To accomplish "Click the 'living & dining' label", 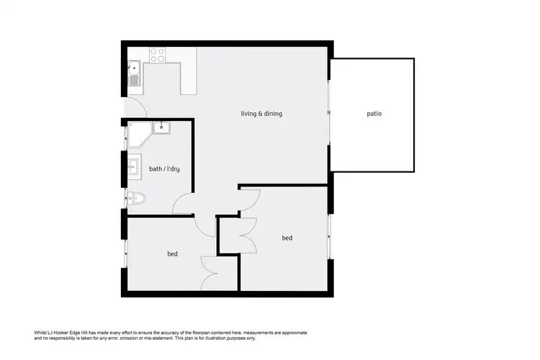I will [261, 113].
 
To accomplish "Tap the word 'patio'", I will [374, 113].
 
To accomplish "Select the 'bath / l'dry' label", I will [163, 169].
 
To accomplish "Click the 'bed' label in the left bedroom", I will [172, 253].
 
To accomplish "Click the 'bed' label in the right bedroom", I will [287, 238].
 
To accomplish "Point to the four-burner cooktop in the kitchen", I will [158, 54].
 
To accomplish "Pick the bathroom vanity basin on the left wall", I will [132, 167].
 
